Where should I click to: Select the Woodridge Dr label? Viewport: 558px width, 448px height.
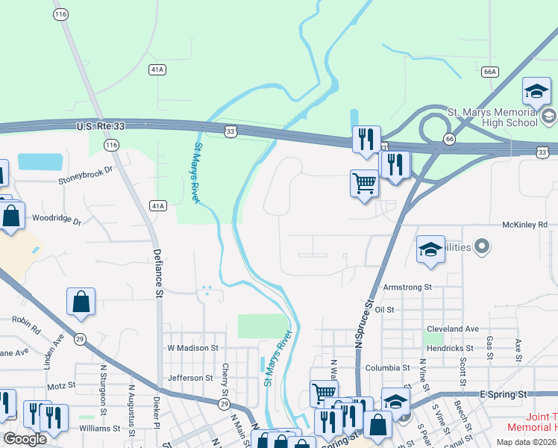click(x=56, y=220)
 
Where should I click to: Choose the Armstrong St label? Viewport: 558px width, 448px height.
click(x=407, y=287)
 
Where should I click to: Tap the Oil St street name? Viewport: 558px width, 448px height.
click(x=385, y=309)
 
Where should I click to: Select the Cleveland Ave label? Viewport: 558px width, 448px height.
click(x=453, y=329)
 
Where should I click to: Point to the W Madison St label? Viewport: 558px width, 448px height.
click(x=192, y=348)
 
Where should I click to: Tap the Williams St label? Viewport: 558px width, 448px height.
click(x=100, y=428)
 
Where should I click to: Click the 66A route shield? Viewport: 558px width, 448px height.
click(x=489, y=72)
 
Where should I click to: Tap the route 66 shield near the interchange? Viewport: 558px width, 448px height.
click(x=449, y=139)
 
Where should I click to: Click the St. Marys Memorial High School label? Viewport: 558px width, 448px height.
click(x=492, y=117)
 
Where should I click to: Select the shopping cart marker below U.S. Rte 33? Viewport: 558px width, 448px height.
click(x=364, y=182)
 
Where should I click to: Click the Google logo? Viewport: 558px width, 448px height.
click(x=25, y=439)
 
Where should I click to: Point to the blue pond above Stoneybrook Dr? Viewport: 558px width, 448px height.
click(x=41, y=161)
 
